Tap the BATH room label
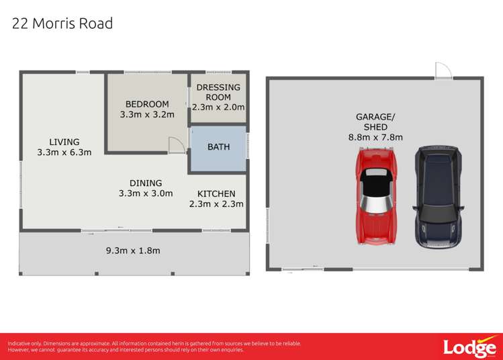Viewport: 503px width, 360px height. point(218,146)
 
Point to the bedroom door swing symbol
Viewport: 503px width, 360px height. point(175,144)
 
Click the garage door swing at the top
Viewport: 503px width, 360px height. point(442,71)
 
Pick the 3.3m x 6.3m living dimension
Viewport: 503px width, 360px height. point(64,152)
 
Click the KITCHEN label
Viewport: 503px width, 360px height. point(216,193)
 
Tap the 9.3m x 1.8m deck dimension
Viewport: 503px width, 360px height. point(133,251)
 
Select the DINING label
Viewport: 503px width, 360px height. point(146,183)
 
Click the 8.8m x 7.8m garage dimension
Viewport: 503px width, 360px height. point(375,137)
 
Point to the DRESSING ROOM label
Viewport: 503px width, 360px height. point(218,92)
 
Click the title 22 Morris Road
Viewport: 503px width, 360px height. point(62,24)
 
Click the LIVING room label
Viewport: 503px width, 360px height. point(64,142)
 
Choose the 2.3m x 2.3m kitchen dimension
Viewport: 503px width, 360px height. point(216,204)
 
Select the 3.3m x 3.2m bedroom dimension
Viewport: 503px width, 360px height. point(147,114)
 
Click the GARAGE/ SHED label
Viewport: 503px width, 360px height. point(375,122)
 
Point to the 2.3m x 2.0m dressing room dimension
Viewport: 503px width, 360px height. point(218,107)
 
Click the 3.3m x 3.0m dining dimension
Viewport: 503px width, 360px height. point(146,193)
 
